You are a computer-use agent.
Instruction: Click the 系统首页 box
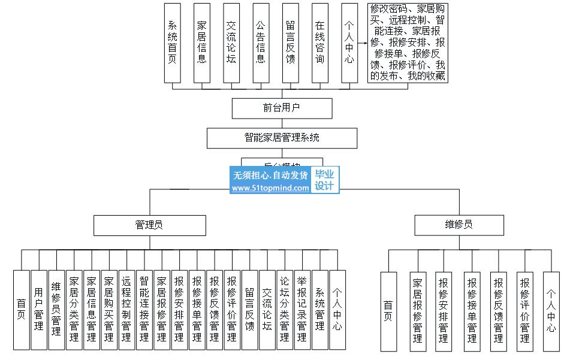click(x=173, y=43)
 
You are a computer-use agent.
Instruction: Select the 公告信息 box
click(x=261, y=43)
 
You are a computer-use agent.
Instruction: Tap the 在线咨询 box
click(x=319, y=43)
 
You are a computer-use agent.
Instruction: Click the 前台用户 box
click(x=282, y=108)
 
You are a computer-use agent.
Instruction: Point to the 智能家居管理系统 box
click(x=282, y=138)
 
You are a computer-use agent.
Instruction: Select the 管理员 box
click(x=149, y=225)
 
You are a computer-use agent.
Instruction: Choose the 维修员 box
click(x=459, y=225)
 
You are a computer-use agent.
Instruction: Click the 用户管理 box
click(x=39, y=310)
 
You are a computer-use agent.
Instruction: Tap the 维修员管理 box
click(x=56, y=310)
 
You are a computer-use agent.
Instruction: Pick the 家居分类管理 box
click(x=74, y=310)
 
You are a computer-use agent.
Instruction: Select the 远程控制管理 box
click(x=126, y=310)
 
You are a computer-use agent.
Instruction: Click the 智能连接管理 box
click(x=144, y=310)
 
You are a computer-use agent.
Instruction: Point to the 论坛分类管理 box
click(x=285, y=310)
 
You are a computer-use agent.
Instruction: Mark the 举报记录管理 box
click(x=302, y=310)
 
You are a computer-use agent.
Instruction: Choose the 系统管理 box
click(x=320, y=310)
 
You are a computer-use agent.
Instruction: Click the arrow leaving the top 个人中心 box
click(x=362, y=43)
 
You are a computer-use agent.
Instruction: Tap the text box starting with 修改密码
click(x=408, y=43)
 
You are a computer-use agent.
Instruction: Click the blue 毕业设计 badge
click(x=325, y=180)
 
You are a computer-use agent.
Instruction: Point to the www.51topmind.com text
click(x=270, y=187)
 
